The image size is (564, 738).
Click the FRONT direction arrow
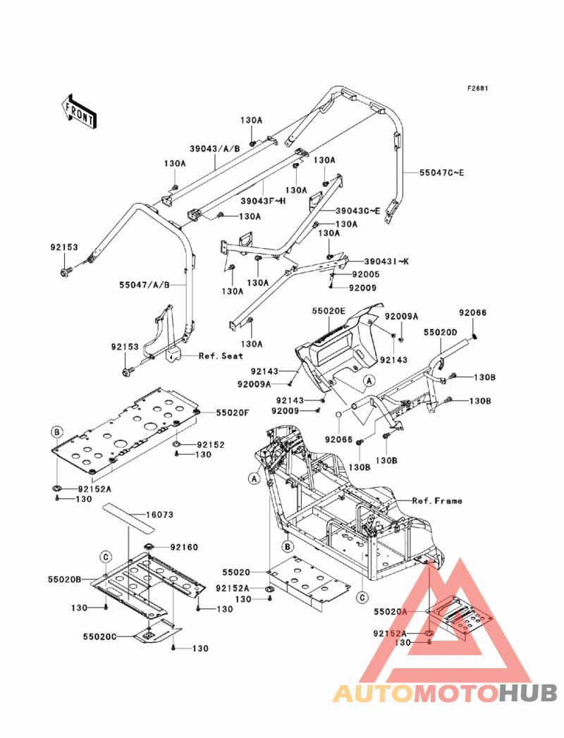point(79,111)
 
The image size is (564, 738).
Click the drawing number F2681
point(478,88)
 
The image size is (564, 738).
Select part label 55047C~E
point(442,173)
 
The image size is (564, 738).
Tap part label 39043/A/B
point(215,149)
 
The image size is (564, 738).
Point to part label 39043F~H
point(263,201)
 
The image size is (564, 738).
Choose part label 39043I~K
point(386,262)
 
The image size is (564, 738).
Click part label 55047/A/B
point(144,285)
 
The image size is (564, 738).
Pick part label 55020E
point(329,311)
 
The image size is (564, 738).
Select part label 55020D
point(440,332)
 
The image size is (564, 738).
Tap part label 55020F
point(233,413)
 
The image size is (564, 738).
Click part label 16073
point(159,515)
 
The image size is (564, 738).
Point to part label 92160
point(184,547)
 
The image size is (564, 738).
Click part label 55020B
point(64,579)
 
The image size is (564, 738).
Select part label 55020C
point(100,636)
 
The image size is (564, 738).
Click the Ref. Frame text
point(437,500)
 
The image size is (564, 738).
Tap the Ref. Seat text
point(221,356)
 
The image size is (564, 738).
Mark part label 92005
point(366,274)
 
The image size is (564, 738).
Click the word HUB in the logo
point(528,694)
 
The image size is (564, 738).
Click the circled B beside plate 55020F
point(56,431)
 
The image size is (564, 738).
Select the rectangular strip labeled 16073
point(129,517)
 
